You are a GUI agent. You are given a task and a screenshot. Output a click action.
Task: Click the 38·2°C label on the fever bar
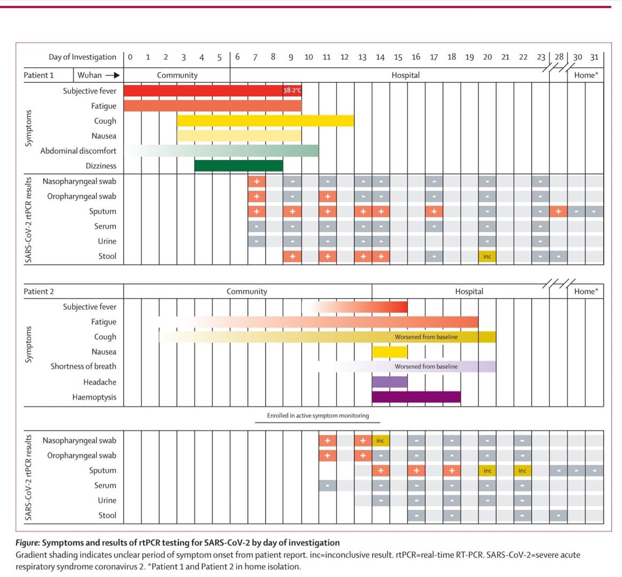(x=292, y=90)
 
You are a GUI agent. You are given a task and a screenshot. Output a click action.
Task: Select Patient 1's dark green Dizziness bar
(x=238, y=166)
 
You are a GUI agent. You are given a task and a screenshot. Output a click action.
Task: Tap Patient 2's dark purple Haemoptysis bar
(x=416, y=397)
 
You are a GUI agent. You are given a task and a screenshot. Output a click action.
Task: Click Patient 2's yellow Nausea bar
(x=390, y=352)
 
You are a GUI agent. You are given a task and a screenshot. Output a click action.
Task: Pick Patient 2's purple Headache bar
(x=390, y=382)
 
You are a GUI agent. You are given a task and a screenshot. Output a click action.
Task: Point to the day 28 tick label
(x=558, y=57)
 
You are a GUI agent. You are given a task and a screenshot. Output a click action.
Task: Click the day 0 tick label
(x=131, y=57)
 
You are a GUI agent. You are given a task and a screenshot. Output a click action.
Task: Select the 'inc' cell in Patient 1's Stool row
(x=487, y=257)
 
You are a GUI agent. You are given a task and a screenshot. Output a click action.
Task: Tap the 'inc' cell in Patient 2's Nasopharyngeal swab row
(x=380, y=441)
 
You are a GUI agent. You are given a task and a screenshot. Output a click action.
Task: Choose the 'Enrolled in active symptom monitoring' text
(x=318, y=416)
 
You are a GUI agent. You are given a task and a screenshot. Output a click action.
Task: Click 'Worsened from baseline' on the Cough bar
(x=426, y=337)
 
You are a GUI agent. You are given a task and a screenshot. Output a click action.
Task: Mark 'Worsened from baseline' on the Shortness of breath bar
(x=426, y=366)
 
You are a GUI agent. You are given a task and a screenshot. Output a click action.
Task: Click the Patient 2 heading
(x=38, y=291)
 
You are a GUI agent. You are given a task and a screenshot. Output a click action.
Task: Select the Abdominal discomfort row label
(x=78, y=151)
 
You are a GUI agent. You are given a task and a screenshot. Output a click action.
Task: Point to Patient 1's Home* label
(x=586, y=75)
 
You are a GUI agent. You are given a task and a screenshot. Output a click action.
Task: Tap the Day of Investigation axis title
(x=82, y=57)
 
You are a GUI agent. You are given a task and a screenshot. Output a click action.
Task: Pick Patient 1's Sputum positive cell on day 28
(x=558, y=211)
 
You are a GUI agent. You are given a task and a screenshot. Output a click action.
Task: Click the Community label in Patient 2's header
(x=246, y=291)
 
